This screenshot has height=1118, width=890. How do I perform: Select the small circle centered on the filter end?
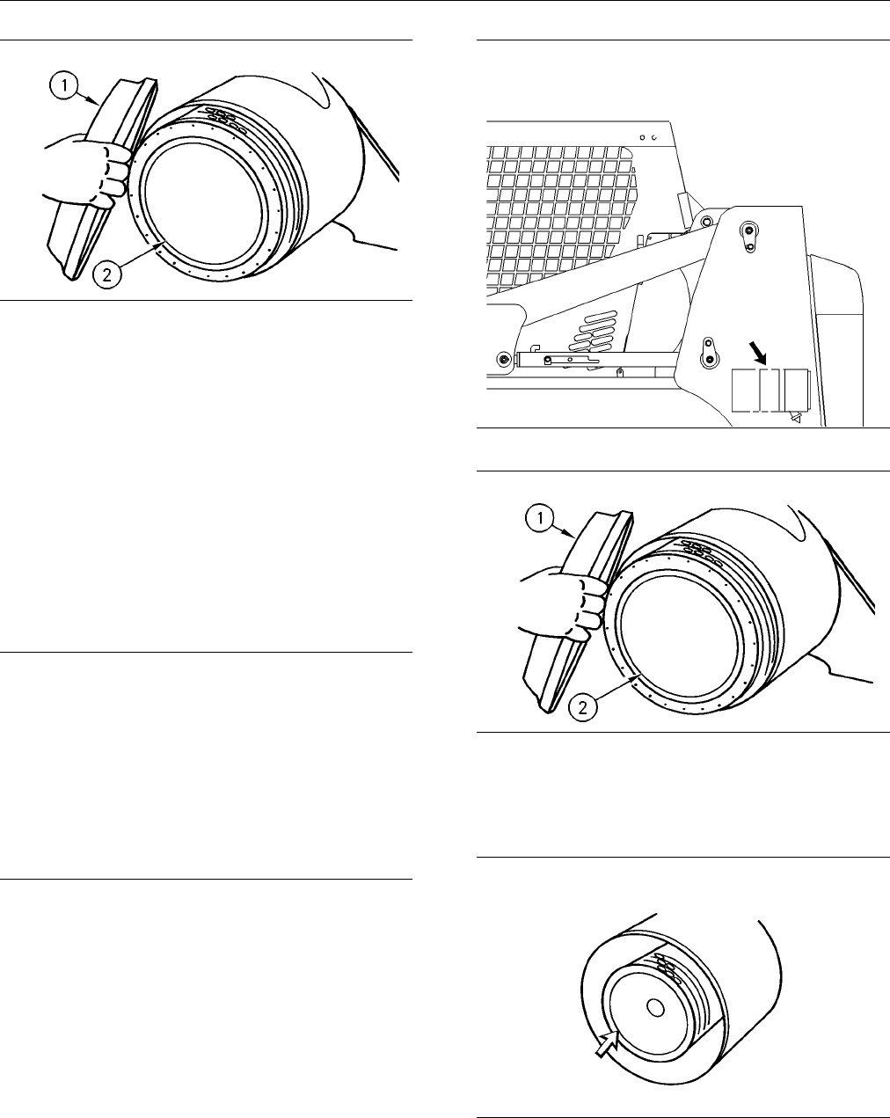[656, 1008]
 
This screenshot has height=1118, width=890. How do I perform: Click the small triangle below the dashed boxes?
[795, 417]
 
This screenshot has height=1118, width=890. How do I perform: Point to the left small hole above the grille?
[642, 138]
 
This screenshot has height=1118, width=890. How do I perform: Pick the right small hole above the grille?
[653, 138]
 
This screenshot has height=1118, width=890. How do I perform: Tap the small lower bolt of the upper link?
[749, 247]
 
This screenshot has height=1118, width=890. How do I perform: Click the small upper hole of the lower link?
[708, 343]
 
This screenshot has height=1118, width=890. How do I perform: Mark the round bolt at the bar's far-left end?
[502, 359]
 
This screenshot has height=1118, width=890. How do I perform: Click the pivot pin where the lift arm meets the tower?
[705, 222]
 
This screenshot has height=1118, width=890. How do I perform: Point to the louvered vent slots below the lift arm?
[593, 332]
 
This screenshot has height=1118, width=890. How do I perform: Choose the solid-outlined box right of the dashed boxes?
[796, 391]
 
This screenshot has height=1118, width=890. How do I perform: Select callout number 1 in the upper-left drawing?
[64, 85]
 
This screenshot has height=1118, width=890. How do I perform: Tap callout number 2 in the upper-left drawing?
[107, 274]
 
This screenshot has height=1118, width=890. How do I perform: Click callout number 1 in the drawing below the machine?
[540, 519]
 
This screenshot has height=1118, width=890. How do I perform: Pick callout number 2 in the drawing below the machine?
[582, 707]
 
